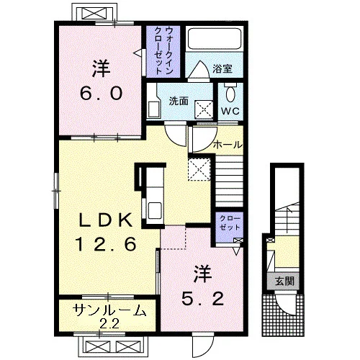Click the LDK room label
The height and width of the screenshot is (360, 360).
[x=106, y=220]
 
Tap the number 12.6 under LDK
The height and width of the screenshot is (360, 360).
[x=106, y=243]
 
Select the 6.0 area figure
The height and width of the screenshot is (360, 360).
[x=101, y=93]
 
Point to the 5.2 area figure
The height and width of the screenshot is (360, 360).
[x=203, y=299]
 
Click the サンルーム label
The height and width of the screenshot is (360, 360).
[x=109, y=310]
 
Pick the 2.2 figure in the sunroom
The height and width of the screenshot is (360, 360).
[x=109, y=325]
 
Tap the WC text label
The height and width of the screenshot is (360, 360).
[x=230, y=111]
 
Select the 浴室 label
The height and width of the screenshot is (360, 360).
[x=222, y=68]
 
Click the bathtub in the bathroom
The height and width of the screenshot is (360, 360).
[x=215, y=39]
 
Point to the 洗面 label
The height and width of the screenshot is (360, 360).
[x=179, y=101]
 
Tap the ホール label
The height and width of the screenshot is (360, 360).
[x=228, y=145]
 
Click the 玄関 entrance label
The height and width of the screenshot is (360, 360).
[x=284, y=281]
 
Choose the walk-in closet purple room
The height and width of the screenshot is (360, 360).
[x=163, y=51]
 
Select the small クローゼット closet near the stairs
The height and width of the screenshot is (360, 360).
[x=230, y=228]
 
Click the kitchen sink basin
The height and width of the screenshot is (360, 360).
[x=155, y=210]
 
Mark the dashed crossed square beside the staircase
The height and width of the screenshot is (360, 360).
[x=199, y=169]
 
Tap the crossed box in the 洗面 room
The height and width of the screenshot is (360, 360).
[x=204, y=109]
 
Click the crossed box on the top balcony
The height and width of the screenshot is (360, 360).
[x=94, y=13]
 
